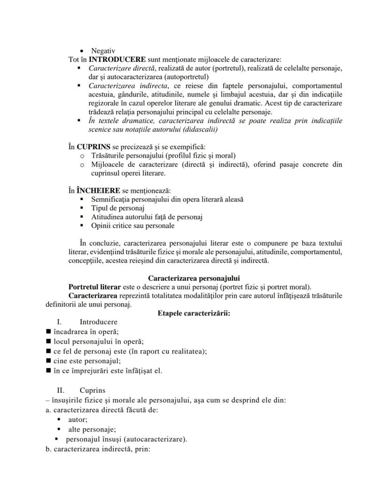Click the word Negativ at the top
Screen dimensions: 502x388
(103, 51)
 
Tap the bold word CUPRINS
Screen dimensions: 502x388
(94, 147)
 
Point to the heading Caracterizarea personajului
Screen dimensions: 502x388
(194, 278)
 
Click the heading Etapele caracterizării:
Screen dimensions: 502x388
(194, 313)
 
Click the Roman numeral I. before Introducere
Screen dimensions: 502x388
(60, 322)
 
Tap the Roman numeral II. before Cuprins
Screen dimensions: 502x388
(60, 390)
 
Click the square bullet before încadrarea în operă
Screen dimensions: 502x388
(48, 332)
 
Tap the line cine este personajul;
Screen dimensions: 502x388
(88, 360)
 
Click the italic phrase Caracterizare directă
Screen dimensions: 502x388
(120, 68)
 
